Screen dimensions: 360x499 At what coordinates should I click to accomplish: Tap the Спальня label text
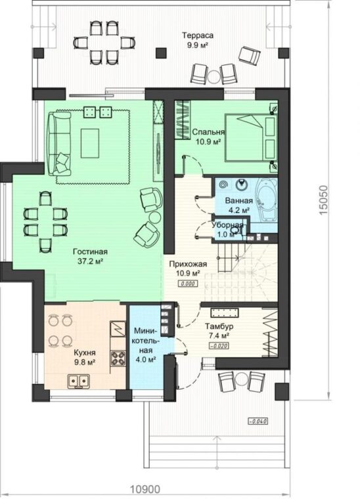coord(208,132)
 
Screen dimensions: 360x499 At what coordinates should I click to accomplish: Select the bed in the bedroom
coord(251,137)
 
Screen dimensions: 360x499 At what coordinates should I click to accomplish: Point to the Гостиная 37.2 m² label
coord(91,256)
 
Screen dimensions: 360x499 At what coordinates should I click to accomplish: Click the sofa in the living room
coord(59,143)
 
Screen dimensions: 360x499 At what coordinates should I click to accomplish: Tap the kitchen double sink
coord(78,380)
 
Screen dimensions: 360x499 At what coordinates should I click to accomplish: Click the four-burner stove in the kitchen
coord(118,358)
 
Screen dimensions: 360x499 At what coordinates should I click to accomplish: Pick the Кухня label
coord(85,357)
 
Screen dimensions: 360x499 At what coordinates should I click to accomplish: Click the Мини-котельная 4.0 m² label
coord(145,344)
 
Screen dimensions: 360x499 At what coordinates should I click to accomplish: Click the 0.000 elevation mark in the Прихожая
coord(187,284)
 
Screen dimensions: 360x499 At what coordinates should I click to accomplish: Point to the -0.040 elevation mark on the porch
coord(258,422)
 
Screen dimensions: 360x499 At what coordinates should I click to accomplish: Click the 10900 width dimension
coord(145,488)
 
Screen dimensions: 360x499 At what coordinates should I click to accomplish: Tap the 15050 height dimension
coord(323,200)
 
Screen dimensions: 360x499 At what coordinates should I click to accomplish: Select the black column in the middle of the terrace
coord(162,53)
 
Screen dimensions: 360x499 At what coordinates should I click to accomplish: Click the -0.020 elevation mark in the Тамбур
coord(219,345)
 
